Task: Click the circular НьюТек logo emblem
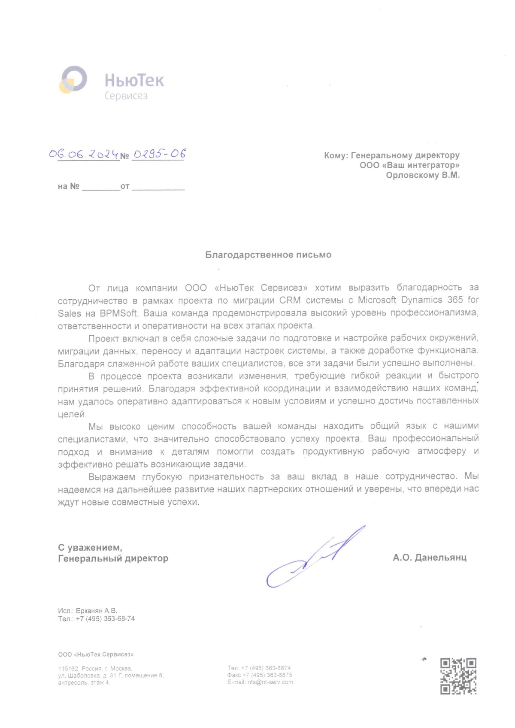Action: (x=73, y=79)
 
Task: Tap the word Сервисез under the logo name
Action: (x=126, y=96)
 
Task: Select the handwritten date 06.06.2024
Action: (x=83, y=154)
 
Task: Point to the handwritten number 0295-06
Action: (x=159, y=154)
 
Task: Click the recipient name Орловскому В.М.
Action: (x=422, y=175)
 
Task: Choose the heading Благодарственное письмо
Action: (x=268, y=255)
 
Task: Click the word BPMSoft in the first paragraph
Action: (x=118, y=313)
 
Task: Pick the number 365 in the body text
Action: (x=455, y=300)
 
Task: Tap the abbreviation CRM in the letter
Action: (x=290, y=300)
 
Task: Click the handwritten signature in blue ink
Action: (x=313, y=558)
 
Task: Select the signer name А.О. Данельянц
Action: (x=430, y=558)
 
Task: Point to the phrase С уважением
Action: (x=90, y=548)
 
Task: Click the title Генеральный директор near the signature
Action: (x=113, y=558)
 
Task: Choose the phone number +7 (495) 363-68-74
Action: (x=105, y=619)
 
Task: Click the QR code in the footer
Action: (x=458, y=676)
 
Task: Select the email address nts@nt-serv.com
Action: (x=270, y=682)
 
